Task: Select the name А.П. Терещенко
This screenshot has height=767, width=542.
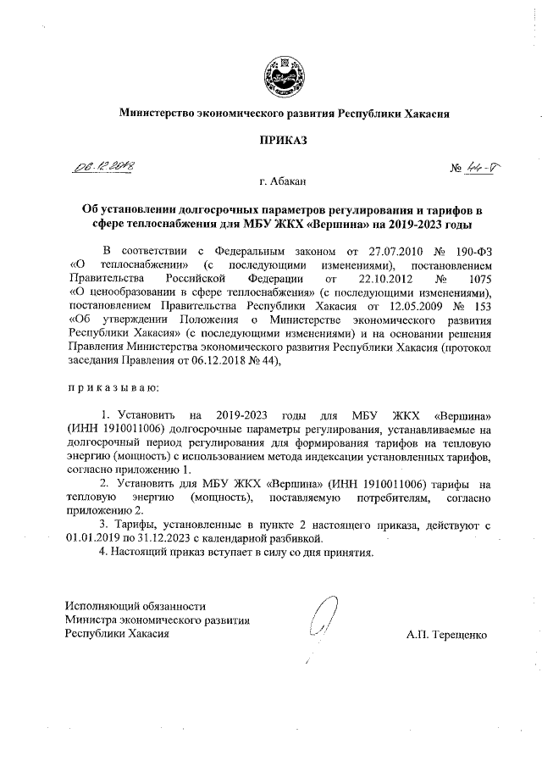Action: pos(446,635)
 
